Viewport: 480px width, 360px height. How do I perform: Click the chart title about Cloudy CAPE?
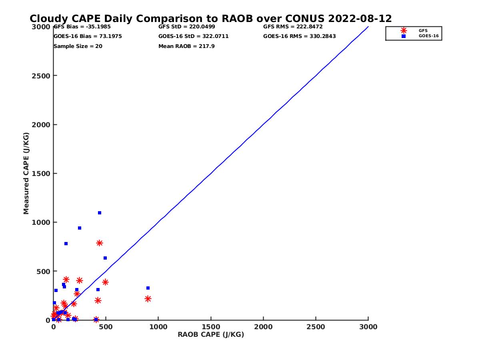tap(211, 19)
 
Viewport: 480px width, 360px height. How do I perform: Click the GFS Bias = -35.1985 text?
tap(82, 27)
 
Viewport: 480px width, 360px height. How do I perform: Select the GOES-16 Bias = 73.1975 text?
tap(88, 36)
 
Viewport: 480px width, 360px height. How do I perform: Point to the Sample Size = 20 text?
tap(78, 46)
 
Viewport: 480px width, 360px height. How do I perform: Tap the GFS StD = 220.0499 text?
tap(187, 27)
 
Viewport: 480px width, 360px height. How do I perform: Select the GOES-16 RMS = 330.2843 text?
tap(300, 36)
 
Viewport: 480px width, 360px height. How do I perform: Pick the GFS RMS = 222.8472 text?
tap(293, 27)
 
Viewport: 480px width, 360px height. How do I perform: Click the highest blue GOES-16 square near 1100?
tap(100, 213)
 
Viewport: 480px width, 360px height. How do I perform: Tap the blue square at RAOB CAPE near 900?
tap(148, 288)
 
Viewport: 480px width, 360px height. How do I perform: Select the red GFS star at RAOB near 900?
tap(148, 299)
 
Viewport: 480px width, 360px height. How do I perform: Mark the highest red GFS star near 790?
tap(100, 243)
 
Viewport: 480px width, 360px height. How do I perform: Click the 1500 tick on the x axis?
tap(211, 327)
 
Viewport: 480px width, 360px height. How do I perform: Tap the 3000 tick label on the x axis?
tap(368, 327)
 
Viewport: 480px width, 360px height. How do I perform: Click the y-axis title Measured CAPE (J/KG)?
tap(26, 173)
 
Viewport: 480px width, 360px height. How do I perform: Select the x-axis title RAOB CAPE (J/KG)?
tap(211, 335)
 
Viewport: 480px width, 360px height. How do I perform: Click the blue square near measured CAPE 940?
tap(80, 228)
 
